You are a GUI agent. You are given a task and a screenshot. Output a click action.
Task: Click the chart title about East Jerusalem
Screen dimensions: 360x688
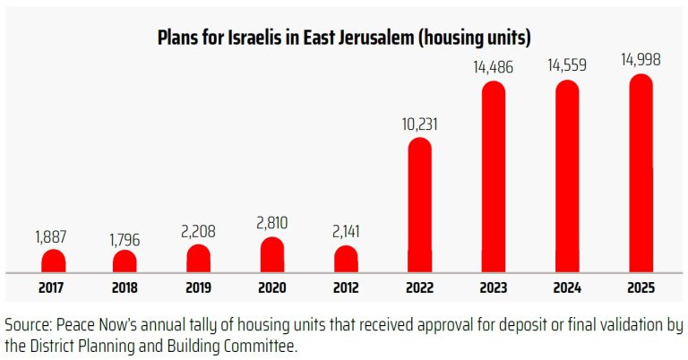pyautogui.click(x=344, y=38)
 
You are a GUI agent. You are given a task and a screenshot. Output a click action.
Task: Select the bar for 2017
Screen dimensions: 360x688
pyautogui.click(x=54, y=261)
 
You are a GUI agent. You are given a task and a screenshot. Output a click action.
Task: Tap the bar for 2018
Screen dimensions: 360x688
pyautogui.click(x=125, y=261)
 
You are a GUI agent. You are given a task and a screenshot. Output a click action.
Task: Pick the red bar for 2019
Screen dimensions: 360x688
pyautogui.click(x=199, y=258)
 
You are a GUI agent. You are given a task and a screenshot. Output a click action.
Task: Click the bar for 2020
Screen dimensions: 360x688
pyautogui.click(x=271, y=254)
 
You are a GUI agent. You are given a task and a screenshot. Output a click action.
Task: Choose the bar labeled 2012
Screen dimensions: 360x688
pyautogui.click(x=346, y=259)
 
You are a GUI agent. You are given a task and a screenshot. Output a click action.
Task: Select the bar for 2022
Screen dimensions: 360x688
pyautogui.click(x=419, y=205)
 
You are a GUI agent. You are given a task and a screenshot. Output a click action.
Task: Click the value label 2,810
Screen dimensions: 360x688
pyautogui.click(x=271, y=221)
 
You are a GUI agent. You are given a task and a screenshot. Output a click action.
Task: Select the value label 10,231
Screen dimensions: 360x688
pyautogui.click(x=419, y=123)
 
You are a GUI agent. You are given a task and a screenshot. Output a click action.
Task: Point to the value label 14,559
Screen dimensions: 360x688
pyautogui.click(x=567, y=65)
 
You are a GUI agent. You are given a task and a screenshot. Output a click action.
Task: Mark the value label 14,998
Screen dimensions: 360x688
pyautogui.click(x=641, y=60)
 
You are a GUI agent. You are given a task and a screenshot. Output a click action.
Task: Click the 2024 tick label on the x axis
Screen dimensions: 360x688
pyautogui.click(x=567, y=288)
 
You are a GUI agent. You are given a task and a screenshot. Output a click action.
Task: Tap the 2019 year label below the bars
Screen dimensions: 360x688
pyautogui.click(x=199, y=288)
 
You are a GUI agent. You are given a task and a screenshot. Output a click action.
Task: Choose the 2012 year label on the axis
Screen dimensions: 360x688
pyautogui.click(x=346, y=288)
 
